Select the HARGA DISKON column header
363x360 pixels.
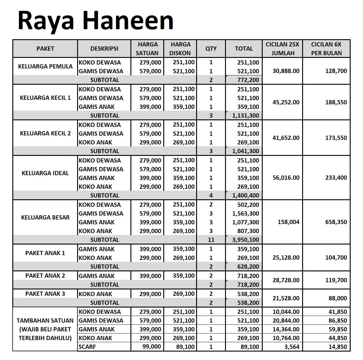[180, 49]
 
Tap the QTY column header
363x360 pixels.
[211, 49]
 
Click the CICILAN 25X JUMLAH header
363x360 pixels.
[282, 49]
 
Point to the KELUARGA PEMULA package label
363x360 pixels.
[45, 66]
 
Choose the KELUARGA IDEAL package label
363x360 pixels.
[45, 173]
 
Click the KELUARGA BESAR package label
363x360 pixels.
[45, 217]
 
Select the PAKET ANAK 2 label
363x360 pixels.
[45, 276]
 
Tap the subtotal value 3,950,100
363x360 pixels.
[246, 240]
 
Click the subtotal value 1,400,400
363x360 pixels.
[246, 195]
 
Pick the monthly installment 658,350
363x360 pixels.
[336, 222]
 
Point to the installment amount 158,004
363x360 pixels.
[288, 222]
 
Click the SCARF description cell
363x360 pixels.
[87, 347]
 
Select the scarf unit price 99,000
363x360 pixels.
[152, 347]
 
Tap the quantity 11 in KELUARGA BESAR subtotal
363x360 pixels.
[211, 240]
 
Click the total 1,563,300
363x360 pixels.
[246, 213]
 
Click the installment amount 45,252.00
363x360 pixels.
[286, 102]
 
